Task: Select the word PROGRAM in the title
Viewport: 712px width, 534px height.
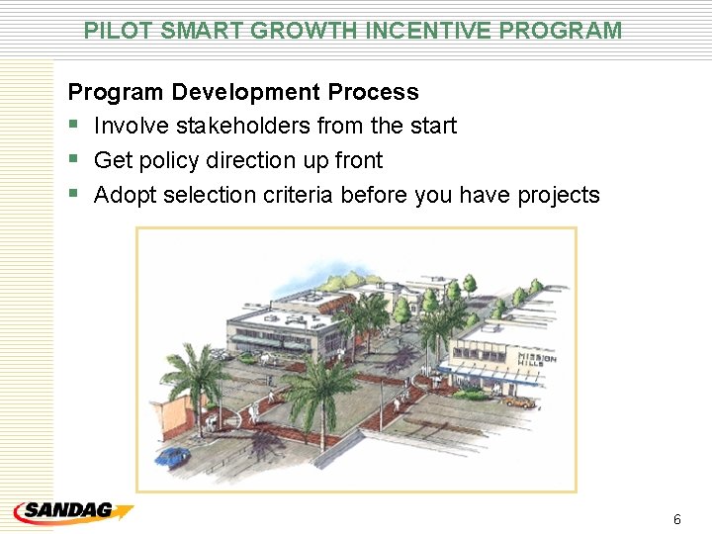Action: [x=561, y=31]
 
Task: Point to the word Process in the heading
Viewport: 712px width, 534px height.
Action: [x=373, y=93]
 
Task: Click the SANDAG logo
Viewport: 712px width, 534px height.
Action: [x=73, y=512]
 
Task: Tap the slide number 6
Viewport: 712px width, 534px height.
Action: [x=676, y=519]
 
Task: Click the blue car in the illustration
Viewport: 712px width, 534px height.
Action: [x=173, y=456]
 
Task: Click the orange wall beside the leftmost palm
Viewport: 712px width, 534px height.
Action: [x=175, y=413]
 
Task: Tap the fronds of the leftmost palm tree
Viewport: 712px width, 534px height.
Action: [x=193, y=366]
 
